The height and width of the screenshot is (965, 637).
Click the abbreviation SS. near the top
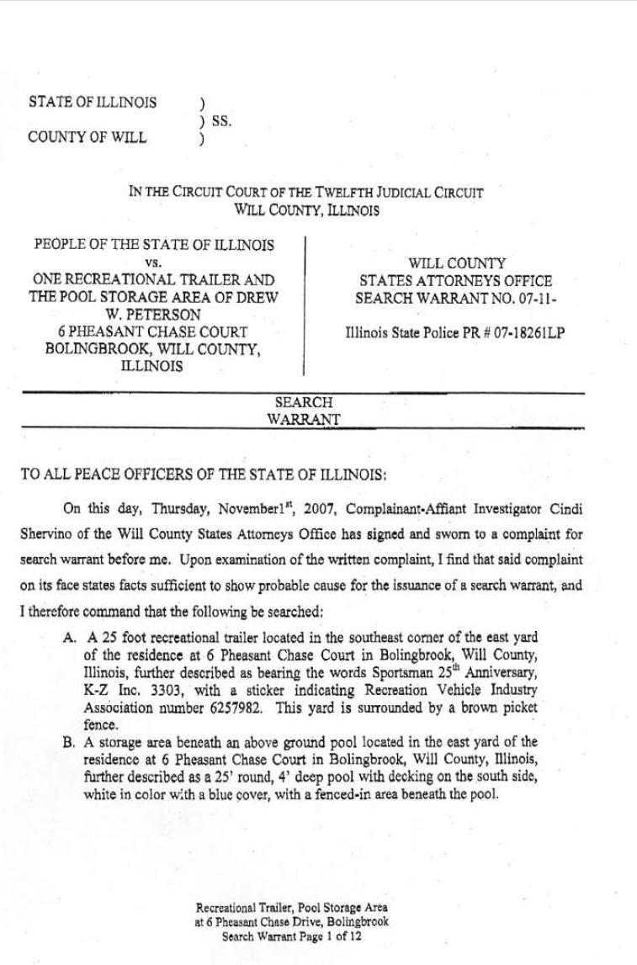click(221, 121)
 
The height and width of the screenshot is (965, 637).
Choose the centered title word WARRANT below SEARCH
click(304, 419)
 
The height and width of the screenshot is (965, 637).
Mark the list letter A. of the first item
click(70, 638)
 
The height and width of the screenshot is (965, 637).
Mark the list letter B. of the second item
click(70, 742)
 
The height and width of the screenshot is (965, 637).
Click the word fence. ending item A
click(100, 724)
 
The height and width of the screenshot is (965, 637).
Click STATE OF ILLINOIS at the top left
click(93, 103)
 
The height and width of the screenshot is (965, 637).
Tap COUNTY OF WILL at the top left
click(87, 137)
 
